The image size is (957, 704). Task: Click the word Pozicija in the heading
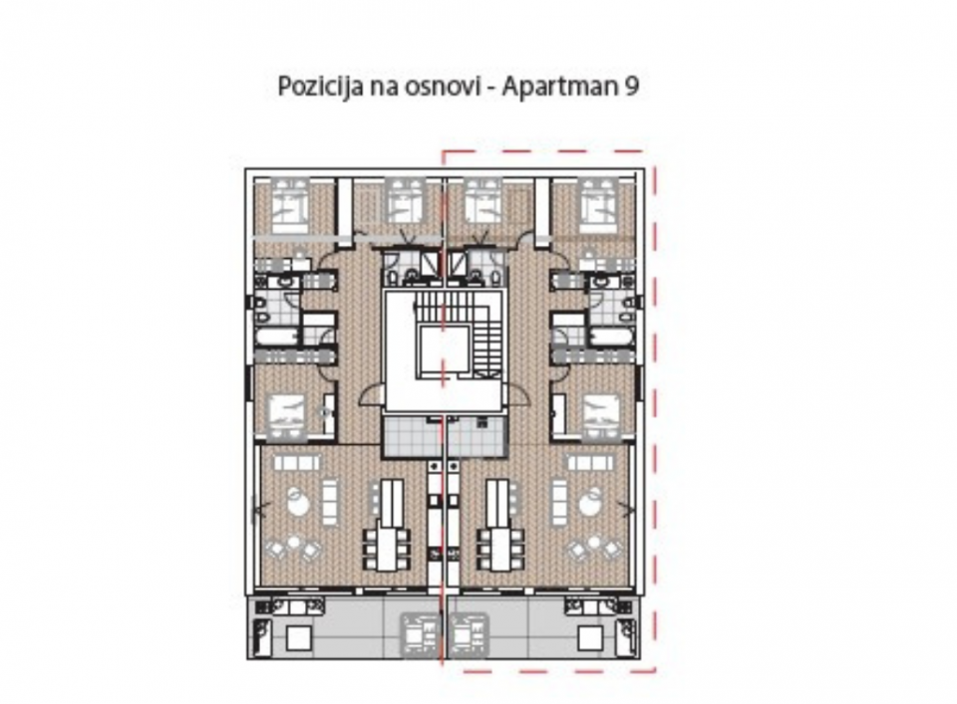pyautogui.click(x=316, y=87)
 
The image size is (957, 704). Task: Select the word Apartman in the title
pyautogui.click(x=559, y=88)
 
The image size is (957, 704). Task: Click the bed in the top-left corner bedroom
pyautogui.click(x=290, y=205)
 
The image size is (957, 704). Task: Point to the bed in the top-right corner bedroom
pyautogui.click(x=598, y=205)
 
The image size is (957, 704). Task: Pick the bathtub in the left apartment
pyautogui.click(x=276, y=338)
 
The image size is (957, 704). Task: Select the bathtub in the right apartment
pyautogui.click(x=611, y=338)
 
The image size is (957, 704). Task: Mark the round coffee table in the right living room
pyautogui.click(x=589, y=504)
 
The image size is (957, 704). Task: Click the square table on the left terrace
pyautogui.click(x=299, y=638)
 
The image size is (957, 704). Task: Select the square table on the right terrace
pyautogui.click(x=590, y=638)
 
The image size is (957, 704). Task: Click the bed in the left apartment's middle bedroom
pyautogui.click(x=287, y=416)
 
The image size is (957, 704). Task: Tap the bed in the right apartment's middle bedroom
pyautogui.click(x=600, y=416)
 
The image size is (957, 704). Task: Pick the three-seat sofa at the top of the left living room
pyautogui.click(x=297, y=463)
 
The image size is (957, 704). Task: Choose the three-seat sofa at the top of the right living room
pyautogui.click(x=591, y=463)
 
